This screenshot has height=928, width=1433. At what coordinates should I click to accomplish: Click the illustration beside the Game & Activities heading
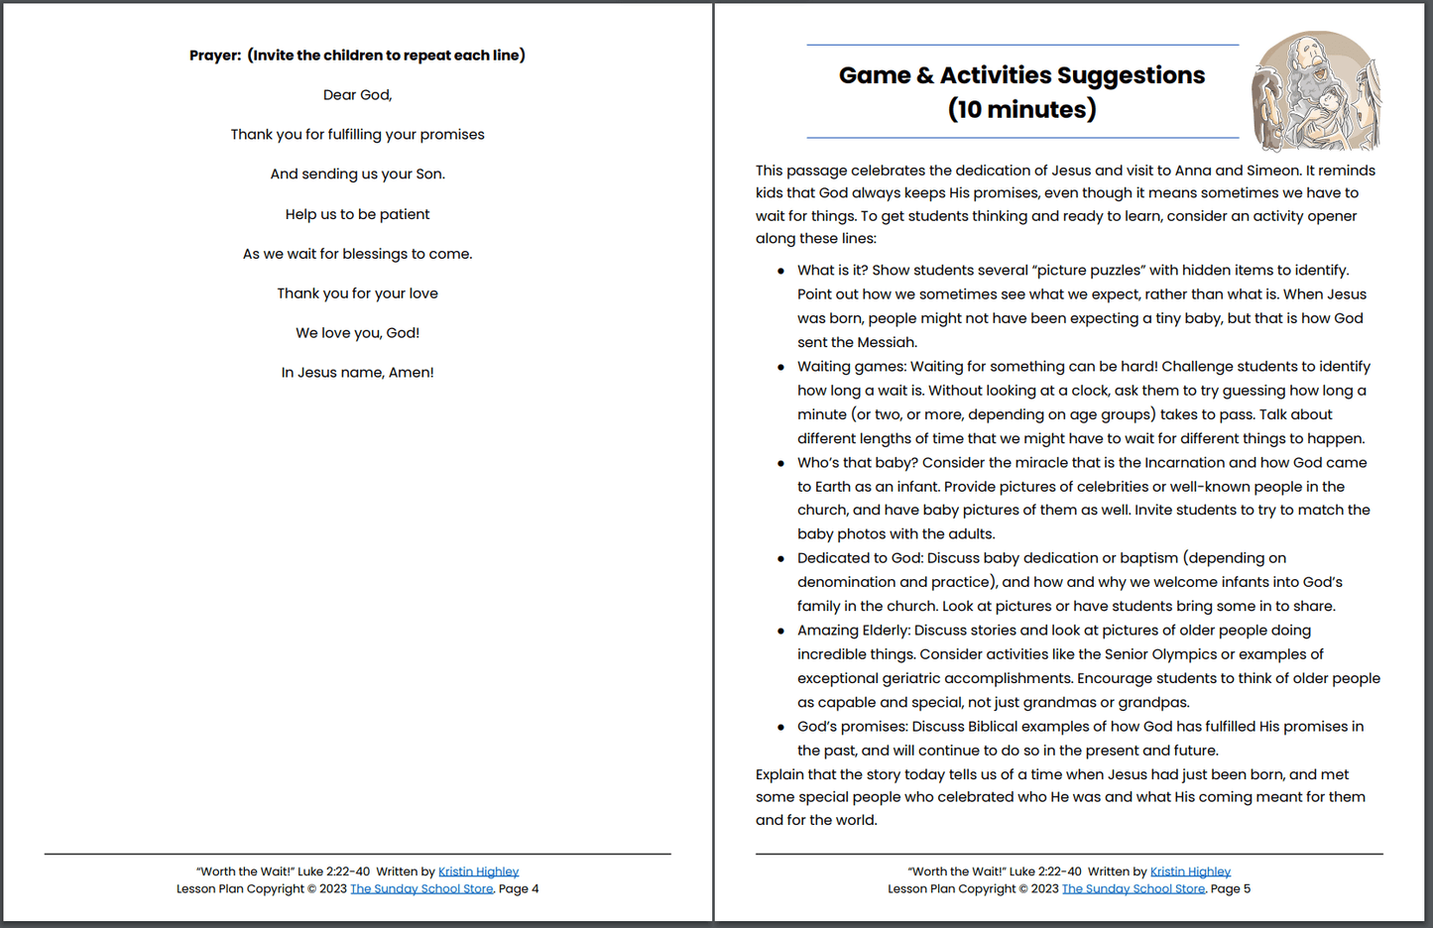click(x=1316, y=90)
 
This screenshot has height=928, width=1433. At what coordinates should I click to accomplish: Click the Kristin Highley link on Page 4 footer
click(x=478, y=871)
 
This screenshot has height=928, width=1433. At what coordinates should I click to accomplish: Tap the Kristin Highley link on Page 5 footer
click(x=1190, y=871)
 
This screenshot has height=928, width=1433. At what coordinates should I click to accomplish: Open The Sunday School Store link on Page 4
click(x=421, y=888)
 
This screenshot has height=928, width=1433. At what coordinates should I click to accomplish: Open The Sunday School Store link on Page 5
click(x=1134, y=888)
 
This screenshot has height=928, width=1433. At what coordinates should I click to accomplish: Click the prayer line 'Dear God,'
click(x=357, y=95)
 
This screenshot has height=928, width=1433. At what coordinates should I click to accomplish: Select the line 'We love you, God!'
click(x=357, y=333)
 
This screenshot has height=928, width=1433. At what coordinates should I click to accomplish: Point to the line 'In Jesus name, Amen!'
click(x=357, y=373)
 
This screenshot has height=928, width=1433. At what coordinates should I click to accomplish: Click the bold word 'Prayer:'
click(x=215, y=56)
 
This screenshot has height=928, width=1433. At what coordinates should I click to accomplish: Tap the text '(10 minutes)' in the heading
click(x=1021, y=109)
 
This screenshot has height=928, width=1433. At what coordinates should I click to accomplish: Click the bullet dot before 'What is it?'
click(x=780, y=271)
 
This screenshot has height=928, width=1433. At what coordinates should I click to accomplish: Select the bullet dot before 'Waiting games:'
click(x=780, y=367)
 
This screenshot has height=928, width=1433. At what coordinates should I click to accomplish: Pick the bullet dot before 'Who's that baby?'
click(x=780, y=463)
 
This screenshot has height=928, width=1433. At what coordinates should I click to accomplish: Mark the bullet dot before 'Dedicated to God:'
click(x=780, y=559)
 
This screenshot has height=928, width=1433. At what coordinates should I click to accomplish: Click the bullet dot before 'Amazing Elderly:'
click(x=780, y=631)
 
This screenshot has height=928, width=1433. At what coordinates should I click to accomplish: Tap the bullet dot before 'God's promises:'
click(x=780, y=727)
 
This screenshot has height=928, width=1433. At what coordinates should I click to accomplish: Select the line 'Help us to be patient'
click(x=357, y=214)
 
